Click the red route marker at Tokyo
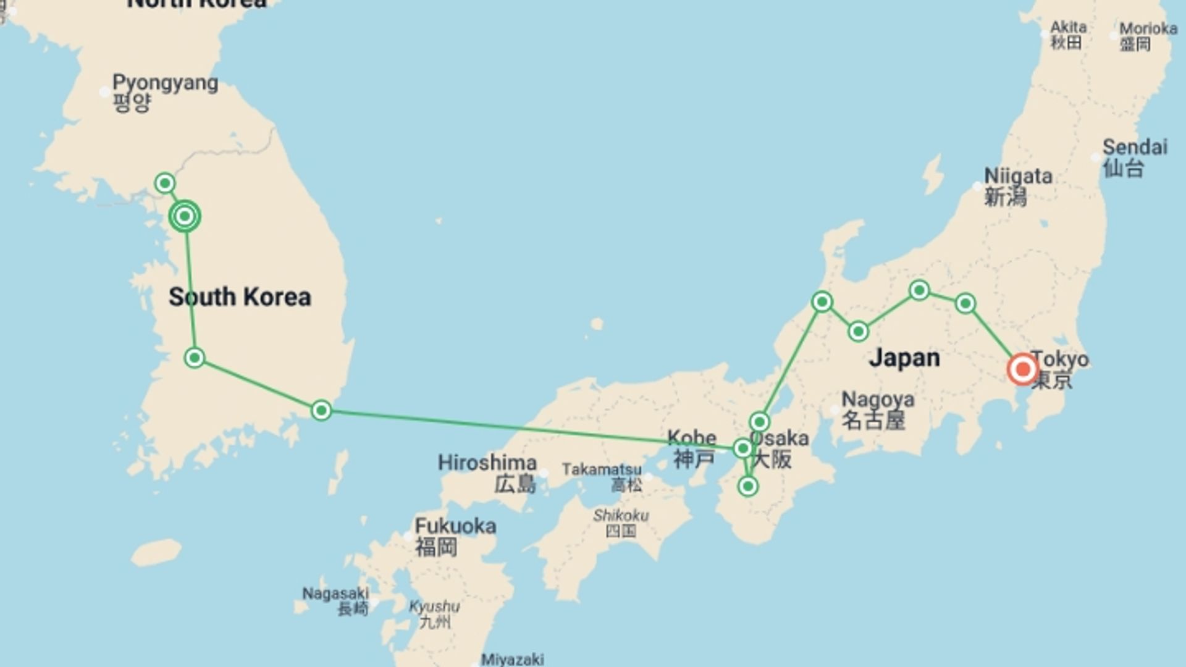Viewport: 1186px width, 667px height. (1022, 369)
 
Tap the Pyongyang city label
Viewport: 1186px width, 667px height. (164, 91)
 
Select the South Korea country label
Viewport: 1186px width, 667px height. (240, 297)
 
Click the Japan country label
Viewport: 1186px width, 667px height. (904, 358)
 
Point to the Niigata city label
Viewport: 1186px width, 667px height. (1017, 186)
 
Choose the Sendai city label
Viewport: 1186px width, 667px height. (1135, 157)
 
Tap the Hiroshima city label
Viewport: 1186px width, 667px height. (487, 472)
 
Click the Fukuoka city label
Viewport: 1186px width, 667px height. (455, 536)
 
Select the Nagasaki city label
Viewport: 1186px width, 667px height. (335, 601)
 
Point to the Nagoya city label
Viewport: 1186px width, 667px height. (877, 409)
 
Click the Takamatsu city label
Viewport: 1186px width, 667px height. (602, 476)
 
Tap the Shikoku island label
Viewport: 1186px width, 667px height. (621, 522)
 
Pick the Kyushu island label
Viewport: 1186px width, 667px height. (434, 613)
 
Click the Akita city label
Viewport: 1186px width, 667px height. (1068, 35)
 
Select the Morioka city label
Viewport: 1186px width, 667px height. (1148, 36)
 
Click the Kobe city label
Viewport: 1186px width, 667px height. (692, 448)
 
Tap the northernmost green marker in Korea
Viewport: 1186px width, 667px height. (165, 183)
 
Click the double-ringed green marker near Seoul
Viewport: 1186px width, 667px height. (185, 216)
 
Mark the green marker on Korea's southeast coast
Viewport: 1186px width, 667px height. (321, 410)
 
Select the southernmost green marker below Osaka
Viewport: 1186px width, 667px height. (748, 487)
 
